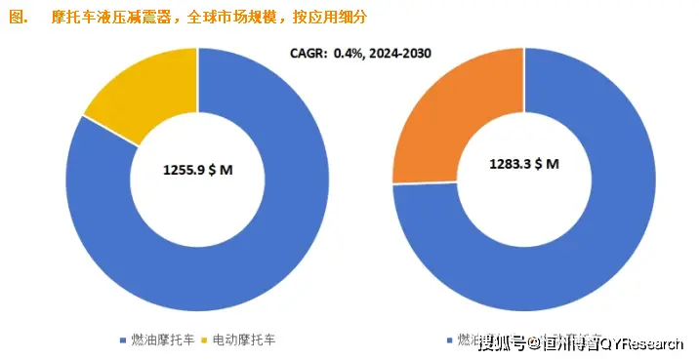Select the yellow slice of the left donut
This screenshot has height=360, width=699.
pyautogui.click(x=137, y=93)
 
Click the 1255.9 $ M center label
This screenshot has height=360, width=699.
pyautogui.click(x=197, y=170)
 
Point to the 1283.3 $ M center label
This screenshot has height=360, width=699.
pyautogui.click(x=523, y=165)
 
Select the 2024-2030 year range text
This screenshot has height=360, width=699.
pyautogui.click(x=400, y=55)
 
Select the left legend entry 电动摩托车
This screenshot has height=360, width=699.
pyautogui.click(x=244, y=340)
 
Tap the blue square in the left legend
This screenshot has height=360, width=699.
pyautogui.click(x=122, y=340)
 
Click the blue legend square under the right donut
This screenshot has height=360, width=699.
pyautogui.click(x=449, y=340)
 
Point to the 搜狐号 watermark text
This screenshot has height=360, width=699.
pyautogui.click(x=502, y=342)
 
